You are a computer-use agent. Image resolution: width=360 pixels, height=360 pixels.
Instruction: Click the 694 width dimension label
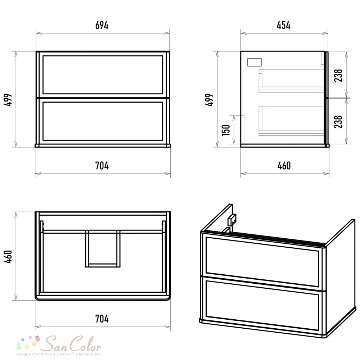coord(102,25)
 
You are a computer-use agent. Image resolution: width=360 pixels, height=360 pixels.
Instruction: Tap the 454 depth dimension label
coord(284,25)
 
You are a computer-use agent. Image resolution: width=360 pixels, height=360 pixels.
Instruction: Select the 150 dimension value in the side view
coord(226,130)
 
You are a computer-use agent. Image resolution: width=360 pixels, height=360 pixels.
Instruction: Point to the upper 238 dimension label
coord(338,75)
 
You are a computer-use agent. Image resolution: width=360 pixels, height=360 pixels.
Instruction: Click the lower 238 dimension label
coord(338,122)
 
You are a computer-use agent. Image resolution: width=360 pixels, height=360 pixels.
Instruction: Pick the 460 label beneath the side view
coord(284,166)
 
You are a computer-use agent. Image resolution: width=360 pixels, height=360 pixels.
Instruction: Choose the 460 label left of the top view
coord(8,257)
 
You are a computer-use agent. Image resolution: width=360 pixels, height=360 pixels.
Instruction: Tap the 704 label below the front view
coord(102,166)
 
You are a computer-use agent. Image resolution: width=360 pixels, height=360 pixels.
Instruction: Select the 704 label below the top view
coord(102,319)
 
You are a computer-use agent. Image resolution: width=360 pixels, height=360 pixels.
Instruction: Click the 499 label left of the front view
coord(8,100)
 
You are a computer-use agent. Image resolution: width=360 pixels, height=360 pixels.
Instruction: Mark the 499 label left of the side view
coord(209,100)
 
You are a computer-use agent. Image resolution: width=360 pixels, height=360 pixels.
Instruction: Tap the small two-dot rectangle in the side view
coord(255,62)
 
